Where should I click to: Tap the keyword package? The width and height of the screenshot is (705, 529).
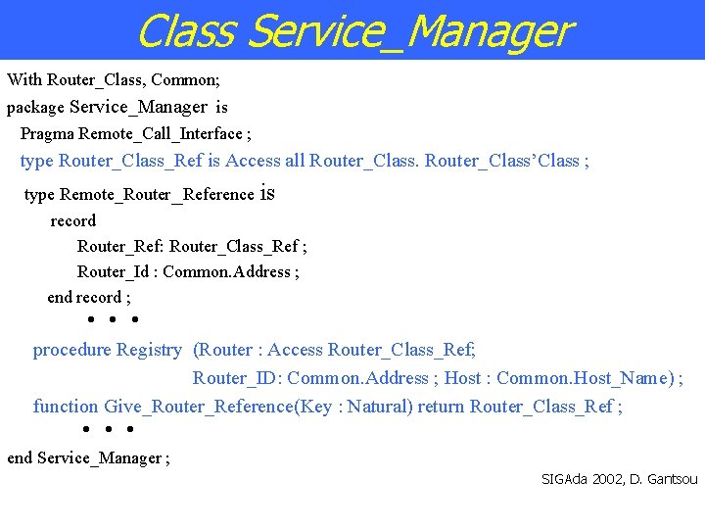(35, 108)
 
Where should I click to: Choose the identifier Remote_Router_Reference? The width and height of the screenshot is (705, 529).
(157, 194)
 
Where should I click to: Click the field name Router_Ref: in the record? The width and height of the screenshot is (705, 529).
(120, 246)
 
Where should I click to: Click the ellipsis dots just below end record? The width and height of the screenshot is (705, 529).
(111, 319)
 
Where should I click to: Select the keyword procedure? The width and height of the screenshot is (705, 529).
(72, 350)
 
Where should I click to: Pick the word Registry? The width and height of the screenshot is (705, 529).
(149, 350)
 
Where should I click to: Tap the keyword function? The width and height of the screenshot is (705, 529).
(66, 407)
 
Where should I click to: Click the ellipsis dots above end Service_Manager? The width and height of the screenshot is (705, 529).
(107, 429)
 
